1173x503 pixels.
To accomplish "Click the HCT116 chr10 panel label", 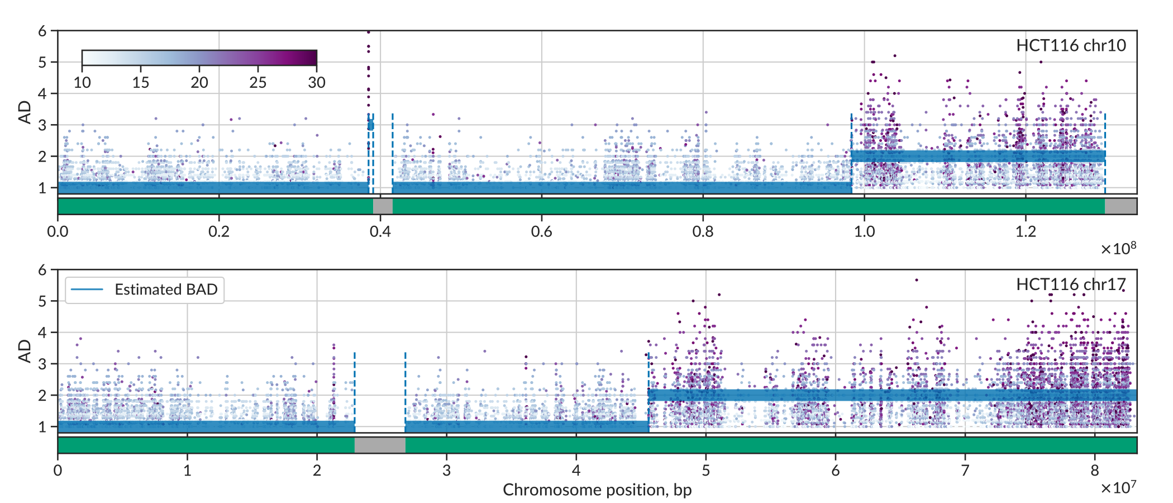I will pyautogui.click(x=1070, y=45).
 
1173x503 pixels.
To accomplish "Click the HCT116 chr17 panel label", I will pyautogui.click(x=1070, y=284).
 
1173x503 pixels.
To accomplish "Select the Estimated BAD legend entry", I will pyautogui.click(x=165, y=290).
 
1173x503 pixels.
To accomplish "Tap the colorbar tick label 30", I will pyautogui.click(x=316, y=83).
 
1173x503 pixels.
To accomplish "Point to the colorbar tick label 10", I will pyautogui.click(x=82, y=83).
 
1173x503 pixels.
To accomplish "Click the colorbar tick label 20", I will pyautogui.click(x=199, y=83).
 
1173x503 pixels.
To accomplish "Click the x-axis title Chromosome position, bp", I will pyautogui.click(x=597, y=490).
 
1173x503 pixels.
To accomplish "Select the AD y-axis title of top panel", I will pyautogui.click(x=25, y=112).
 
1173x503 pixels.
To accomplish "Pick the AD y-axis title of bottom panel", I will pyautogui.click(x=25, y=351).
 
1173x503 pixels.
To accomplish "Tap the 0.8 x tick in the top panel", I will pyautogui.click(x=703, y=231).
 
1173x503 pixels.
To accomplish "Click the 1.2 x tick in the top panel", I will pyautogui.click(x=1026, y=231).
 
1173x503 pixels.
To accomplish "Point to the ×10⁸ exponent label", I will pyautogui.click(x=1118, y=249).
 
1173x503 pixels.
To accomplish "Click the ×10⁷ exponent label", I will pyautogui.click(x=1118, y=488).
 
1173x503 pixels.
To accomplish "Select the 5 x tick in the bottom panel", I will pyautogui.click(x=705, y=471).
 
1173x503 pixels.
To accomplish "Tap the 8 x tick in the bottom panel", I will pyautogui.click(x=1094, y=471).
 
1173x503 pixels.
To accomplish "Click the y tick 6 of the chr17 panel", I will pyautogui.click(x=42, y=270).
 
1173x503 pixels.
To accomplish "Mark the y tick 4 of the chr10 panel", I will pyautogui.click(x=42, y=93).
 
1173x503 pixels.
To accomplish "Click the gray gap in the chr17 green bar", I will pyautogui.click(x=380, y=445).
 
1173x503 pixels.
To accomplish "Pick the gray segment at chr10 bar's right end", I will pyautogui.click(x=1120, y=206).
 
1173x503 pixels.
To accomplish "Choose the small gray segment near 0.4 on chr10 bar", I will pyautogui.click(x=383, y=206).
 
